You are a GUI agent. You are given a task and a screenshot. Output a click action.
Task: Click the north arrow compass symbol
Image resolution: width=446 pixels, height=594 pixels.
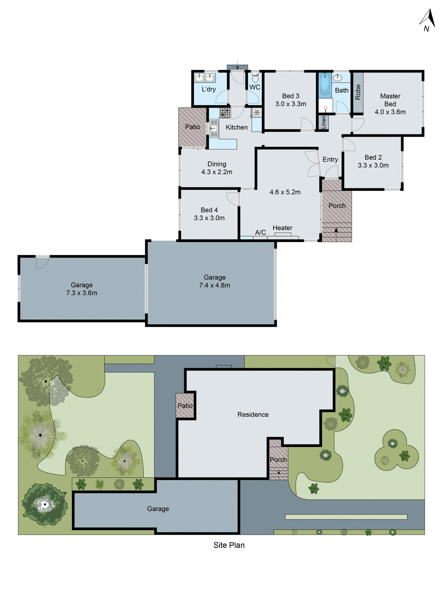coord(428,20)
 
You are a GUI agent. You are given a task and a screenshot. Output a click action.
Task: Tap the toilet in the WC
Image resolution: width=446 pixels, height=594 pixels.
coord(255,78)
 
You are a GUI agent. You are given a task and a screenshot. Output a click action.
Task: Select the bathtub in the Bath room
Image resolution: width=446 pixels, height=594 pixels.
coord(325,85)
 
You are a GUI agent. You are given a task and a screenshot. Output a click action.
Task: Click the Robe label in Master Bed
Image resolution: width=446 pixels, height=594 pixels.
coord(358,92)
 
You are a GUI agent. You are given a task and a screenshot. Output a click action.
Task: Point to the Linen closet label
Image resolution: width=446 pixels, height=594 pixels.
coord(323,122)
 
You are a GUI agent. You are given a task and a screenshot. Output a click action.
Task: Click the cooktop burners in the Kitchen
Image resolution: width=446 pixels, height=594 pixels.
coord(225,113)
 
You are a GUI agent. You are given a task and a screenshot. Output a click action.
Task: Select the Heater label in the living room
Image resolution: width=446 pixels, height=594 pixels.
coord(282,228)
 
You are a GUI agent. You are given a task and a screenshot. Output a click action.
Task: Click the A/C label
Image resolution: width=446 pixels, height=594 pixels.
coord(260,232)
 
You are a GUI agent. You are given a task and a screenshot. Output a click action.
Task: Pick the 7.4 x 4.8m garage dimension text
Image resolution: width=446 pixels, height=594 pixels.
coord(215,285)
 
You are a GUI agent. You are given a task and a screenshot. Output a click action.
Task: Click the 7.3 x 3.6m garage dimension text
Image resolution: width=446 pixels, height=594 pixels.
coord(82,293)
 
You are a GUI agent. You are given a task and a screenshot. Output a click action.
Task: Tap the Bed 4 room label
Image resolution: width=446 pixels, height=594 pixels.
coord(209,210)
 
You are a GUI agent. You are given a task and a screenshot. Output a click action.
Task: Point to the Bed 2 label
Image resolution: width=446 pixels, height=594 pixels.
coord(373,157)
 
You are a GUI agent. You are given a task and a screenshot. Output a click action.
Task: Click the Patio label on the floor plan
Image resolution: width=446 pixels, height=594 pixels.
coord(192,127)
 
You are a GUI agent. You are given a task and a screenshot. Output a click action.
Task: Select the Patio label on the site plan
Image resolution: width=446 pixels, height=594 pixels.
coord(185,406)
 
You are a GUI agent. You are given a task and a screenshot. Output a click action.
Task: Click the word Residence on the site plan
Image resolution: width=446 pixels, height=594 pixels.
coord(253,415)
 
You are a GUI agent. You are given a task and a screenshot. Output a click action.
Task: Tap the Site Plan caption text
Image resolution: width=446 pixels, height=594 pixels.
coord(229,545)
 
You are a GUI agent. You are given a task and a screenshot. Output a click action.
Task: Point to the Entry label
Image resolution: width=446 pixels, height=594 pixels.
coord(330,160)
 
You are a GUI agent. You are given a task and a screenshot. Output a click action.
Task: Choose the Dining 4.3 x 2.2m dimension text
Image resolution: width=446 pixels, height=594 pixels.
coord(217,172)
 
